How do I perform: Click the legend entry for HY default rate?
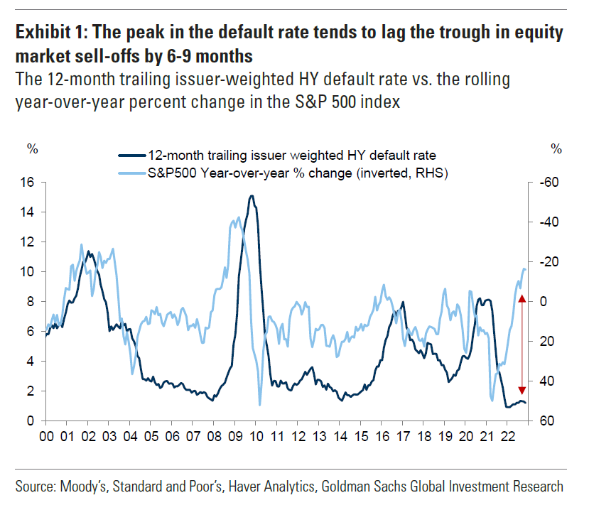coord(291,155)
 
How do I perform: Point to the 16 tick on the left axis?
coord(29,183)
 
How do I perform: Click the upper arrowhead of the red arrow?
coord(522,299)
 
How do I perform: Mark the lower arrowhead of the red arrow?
coord(522,390)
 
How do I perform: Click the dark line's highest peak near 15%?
coord(252,197)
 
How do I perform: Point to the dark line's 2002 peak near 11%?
coord(88,251)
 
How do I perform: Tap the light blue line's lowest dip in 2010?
coord(259,405)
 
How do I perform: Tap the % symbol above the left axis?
coord(32,148)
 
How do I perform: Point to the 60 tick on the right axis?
coord(546,421)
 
